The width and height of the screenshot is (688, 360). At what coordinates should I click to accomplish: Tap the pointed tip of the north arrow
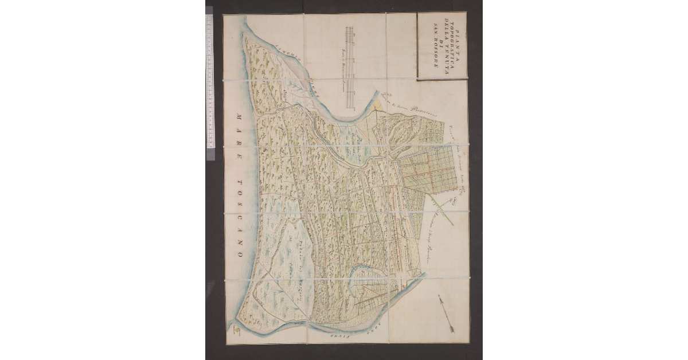tap(440, 298)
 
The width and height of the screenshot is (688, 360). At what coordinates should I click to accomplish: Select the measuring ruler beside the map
tap(209, 80)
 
